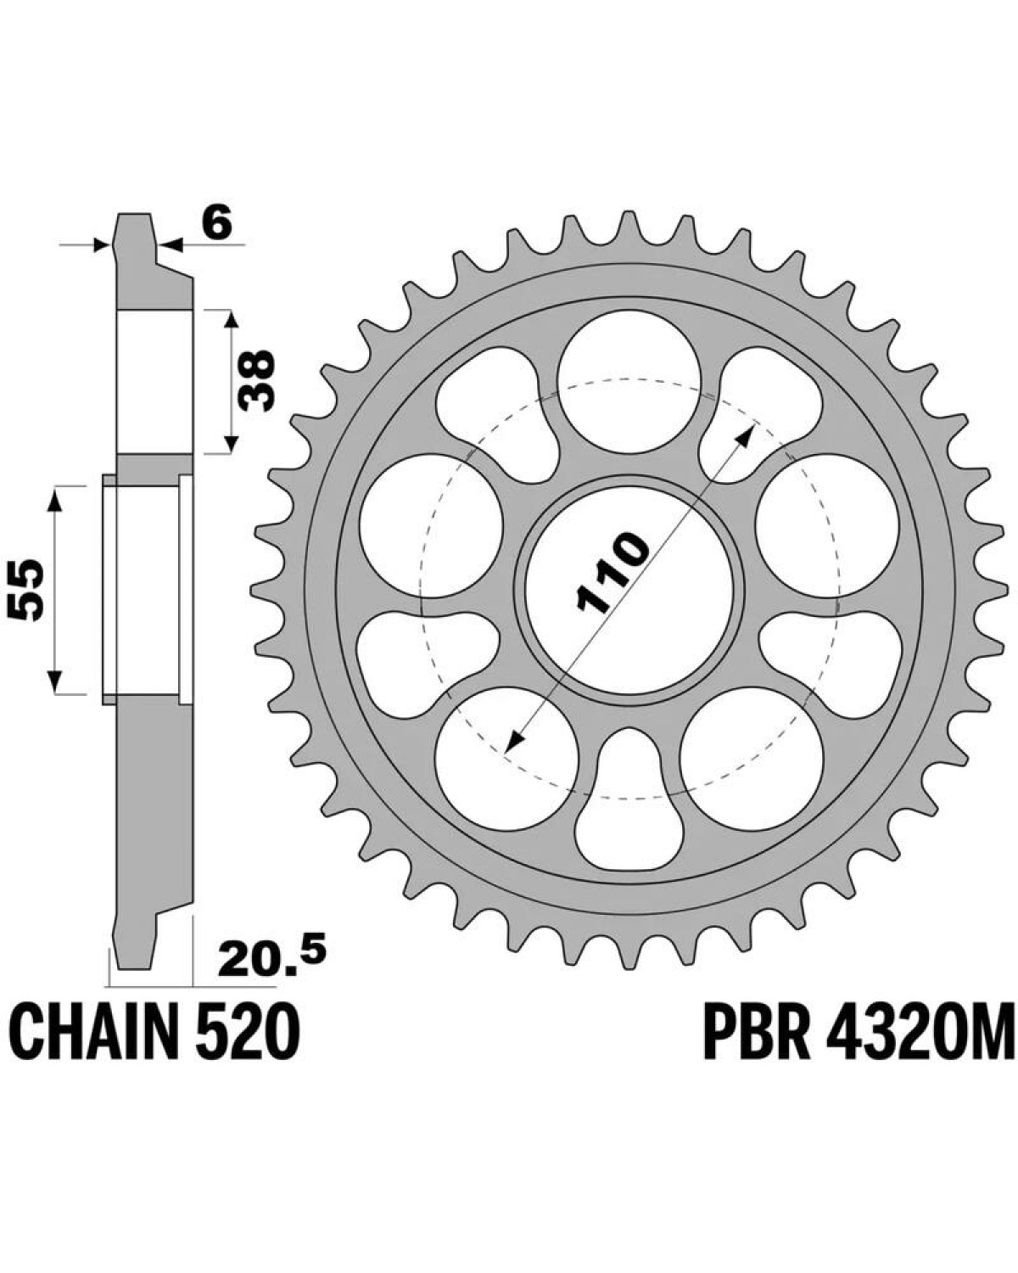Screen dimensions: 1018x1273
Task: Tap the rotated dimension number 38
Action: click(x=256, y=381)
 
